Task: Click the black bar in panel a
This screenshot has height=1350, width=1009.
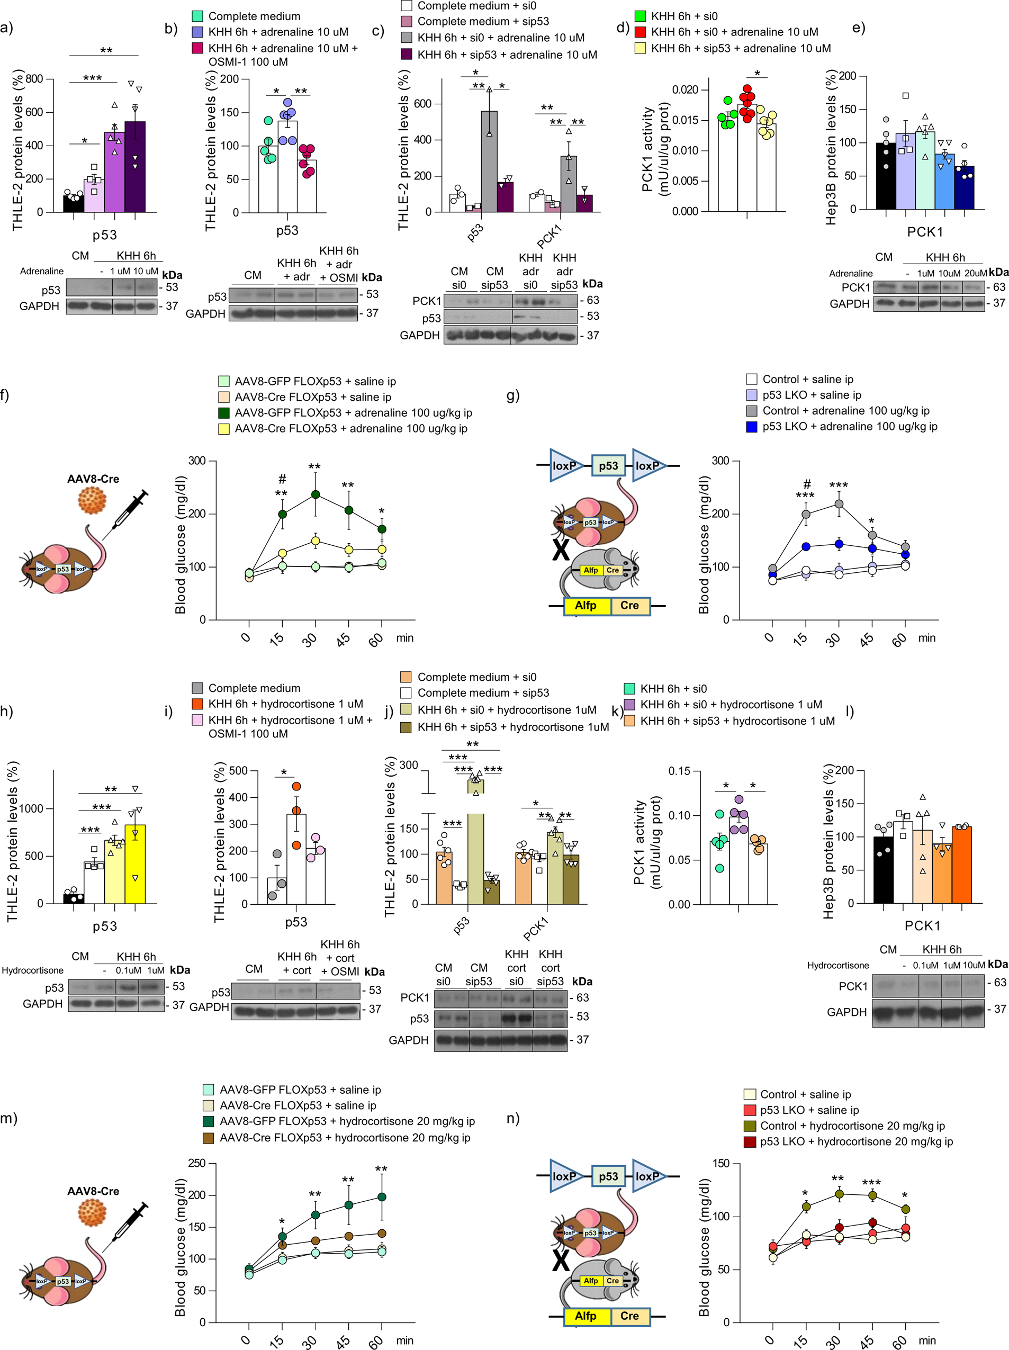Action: [x=73, y=204]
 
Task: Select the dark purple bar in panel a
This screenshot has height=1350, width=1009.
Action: [x=135, y=168]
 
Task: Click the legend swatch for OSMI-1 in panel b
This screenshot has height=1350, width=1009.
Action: [x=197, y=48]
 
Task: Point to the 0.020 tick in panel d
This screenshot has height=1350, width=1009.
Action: [x=685, y=89]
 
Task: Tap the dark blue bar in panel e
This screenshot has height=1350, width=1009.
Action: [x=965, y=188]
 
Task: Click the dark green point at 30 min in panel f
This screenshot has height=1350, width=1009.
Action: [x=316, y=494]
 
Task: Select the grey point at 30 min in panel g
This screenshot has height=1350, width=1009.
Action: [x=839, y=504]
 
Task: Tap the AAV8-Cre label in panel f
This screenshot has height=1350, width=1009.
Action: [x=93, y=479]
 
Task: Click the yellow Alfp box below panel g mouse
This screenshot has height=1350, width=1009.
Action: [x=585, y=606]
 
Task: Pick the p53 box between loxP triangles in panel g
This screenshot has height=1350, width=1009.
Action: [x=608, y=466]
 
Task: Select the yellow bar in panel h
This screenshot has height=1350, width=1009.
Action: [x=135, y=863]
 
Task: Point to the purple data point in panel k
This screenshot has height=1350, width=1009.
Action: [x=739, y=799]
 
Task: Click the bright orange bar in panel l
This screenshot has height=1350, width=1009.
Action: [x=961, y=865]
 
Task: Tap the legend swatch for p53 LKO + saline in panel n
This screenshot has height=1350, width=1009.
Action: [x=750, y=1110]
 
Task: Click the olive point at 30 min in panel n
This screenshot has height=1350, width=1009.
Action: [x=839, y=1194]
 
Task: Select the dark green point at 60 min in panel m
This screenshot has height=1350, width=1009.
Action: [x=382, y=1197]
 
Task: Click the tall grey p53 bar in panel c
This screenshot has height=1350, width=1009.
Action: [x=489, y=161]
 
